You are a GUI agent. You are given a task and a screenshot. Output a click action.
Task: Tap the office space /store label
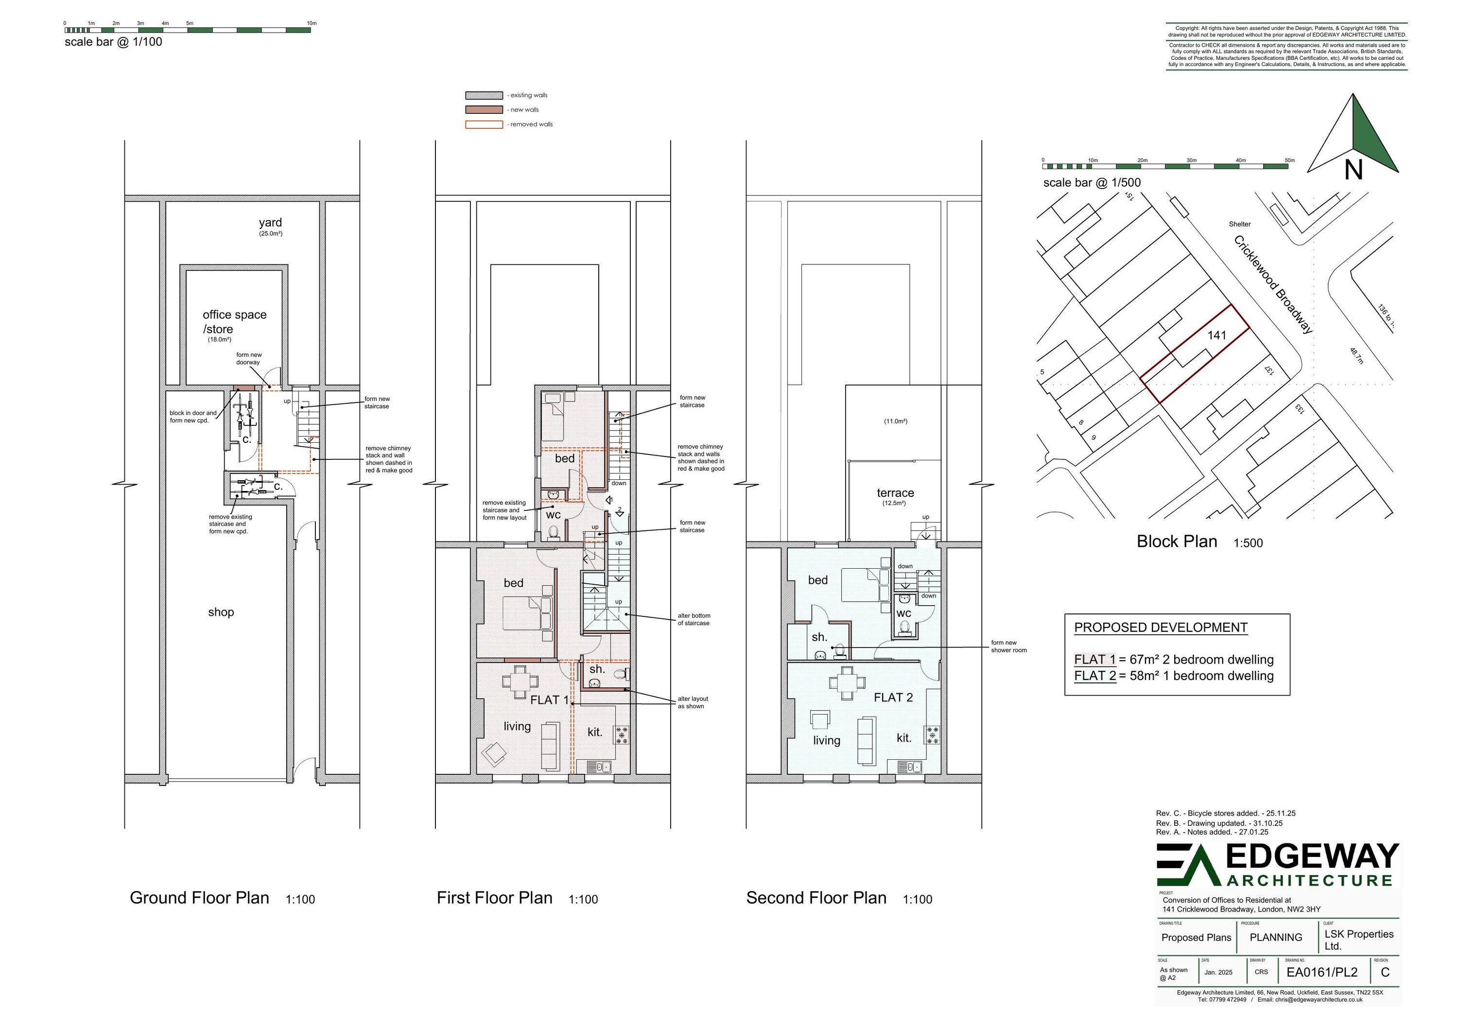pyautogui.click(x=234, y=321)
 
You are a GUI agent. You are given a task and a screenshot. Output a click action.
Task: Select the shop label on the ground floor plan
pyautogui.click(x=221, y=612)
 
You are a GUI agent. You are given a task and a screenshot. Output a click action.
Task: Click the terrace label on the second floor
pyautogui.click(x=895, y=493)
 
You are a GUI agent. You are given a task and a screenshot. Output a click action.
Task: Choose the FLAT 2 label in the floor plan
pyautogui.click(x=893, y=698)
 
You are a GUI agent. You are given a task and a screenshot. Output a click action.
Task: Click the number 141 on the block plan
pyautogui.click(x=1216, y=335)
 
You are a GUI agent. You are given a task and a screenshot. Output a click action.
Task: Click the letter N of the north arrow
pyautogui.click(x=1353, y=170)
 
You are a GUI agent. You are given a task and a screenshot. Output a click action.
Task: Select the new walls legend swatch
pyautogui.click(x=484, y=110)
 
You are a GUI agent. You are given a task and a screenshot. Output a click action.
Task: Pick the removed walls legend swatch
pyautogui.click(x=484, y=124)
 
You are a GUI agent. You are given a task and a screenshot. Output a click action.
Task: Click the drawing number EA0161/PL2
pyautogui.click(x=1321, y=973)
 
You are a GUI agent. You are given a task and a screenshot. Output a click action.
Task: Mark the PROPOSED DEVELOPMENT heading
pyautogui.click(x=1160, y=628)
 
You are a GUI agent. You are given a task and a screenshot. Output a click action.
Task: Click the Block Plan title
pyautogui.click(x=1177, y=542)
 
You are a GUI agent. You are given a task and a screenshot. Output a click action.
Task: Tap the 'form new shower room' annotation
pyautogui.click(x=1008, y=647)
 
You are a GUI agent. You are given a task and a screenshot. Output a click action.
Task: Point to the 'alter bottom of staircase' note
pyautogui.click(x=694, y=619)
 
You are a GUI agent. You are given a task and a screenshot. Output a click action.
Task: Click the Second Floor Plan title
pyautogui.click(x=816, y=898)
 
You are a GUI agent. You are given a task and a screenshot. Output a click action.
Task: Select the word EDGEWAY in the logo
pyautogui.click(x=1311, y=857)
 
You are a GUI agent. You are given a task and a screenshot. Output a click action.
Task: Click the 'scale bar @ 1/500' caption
pyautogui.click(x=1092, y=183)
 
